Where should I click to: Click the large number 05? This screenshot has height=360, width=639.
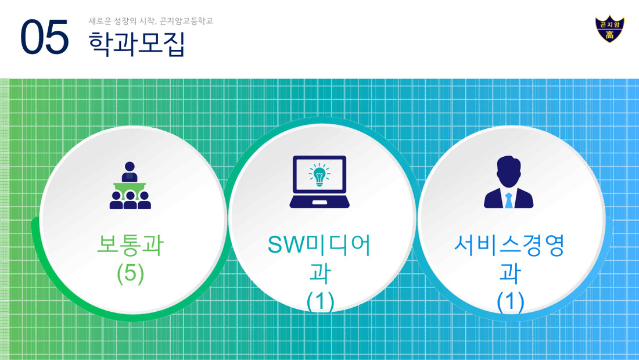pos(44,37)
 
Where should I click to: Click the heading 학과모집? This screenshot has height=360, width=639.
pos(137,43)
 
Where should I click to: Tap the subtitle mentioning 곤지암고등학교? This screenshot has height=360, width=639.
pos(151,21)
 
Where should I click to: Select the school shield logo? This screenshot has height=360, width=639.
pos(609,29)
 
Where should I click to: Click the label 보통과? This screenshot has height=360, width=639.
pos(130,245)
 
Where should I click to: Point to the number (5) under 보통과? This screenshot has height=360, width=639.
pos(130,273)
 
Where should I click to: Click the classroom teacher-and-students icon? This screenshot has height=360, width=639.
pos(130,185)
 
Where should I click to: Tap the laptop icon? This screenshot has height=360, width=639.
pos(319,182)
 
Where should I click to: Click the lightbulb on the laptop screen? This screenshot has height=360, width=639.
pos(319,175)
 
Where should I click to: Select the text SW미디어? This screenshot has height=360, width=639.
pos(319,245)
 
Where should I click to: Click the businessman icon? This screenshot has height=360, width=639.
pos(509,182)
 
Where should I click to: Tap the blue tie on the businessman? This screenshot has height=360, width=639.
pos(509,200)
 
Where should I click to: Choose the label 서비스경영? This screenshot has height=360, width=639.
pos(509,245)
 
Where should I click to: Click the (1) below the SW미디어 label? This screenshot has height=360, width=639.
pos(320,302)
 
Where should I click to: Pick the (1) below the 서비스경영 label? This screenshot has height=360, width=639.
pos(510,302)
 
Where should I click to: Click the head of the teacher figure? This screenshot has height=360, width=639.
pos(130,167)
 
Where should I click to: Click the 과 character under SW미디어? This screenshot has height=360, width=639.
pos(320,273)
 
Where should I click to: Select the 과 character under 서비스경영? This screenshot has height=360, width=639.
pos(510,273)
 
